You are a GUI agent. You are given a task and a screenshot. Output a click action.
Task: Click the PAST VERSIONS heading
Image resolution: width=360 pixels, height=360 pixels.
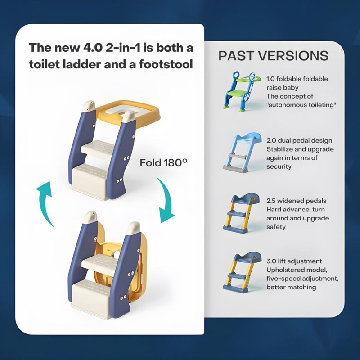pyautogui.click(x=273, y=56)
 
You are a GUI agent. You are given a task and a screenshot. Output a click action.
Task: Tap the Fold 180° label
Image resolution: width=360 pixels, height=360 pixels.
pyautogui.click(x=163, y=163)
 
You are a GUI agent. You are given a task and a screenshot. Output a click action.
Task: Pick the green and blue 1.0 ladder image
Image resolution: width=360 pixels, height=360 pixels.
pyautogui.click(x=242, y=91)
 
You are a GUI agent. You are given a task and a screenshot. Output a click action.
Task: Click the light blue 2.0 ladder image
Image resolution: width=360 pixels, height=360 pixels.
pyautogui.click(x=242, y=153)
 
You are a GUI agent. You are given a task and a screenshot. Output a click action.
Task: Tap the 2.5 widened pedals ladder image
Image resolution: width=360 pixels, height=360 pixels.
pyautogui.click(x=242, y=213)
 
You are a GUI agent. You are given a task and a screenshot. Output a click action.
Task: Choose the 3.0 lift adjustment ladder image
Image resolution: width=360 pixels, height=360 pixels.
pyautogui.click(x=242, y=273)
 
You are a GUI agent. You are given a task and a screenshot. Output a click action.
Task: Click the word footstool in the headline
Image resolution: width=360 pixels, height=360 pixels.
pyautogui.click(x=166, y=64)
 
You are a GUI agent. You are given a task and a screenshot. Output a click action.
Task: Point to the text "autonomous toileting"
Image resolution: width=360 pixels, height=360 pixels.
pyautogui.click(x=301, y=105)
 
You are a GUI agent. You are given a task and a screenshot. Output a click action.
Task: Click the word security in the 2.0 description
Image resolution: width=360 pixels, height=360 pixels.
pyautogui.click(x=279, y=166)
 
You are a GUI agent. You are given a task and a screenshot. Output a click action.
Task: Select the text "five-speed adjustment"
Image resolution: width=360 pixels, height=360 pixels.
pyautogui.click(x=302, y=279)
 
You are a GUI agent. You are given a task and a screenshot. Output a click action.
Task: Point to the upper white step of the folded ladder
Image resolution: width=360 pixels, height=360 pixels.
pyautogui.click(x=99, y=264)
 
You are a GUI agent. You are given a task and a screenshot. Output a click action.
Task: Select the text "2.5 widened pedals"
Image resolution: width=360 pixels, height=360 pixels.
pyautogui.click(x=296, y=201)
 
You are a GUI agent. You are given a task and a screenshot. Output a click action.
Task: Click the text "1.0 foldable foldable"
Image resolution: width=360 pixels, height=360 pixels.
pyautogui.click(x=297, y=79)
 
